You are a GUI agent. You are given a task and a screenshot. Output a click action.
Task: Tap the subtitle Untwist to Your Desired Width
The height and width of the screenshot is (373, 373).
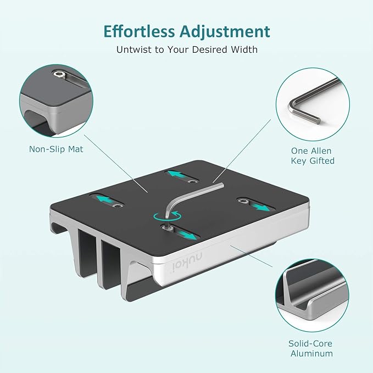[186, 49]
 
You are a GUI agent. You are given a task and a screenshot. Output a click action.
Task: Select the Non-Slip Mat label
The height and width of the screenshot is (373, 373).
[56, 148]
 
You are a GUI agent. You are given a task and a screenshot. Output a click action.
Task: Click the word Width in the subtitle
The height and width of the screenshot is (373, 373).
[244, 49]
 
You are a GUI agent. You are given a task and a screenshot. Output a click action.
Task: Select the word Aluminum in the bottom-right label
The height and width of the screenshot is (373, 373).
[310, 354]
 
